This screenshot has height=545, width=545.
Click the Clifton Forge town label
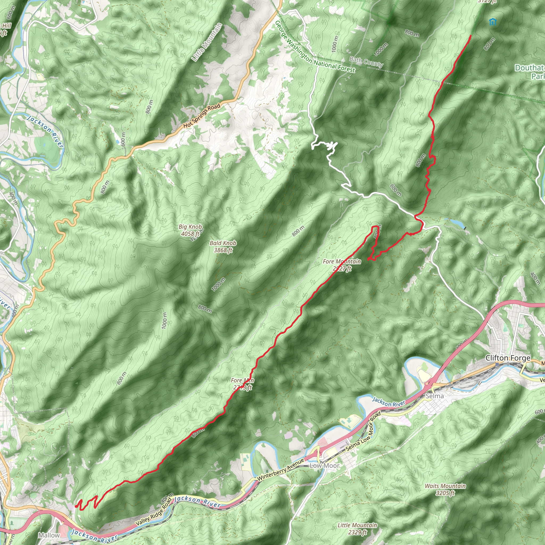pyautogui.click(x=508, y=358)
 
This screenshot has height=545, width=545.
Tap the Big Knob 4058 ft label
pyautogui.click(x=191, y=230)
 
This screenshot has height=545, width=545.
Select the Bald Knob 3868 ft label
pyautogui.click(x=223, y=246)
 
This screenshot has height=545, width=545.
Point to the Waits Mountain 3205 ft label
pyautogui.click(x=445, y=489)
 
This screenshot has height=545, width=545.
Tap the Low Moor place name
pyautogui.click(x=324, y=466)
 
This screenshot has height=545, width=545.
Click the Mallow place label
pyautogui.click(x=49, y=535)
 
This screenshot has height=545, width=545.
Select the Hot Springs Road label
pyautogui.click(x=202, y=116)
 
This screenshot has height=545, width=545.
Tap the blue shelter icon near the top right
pyautogui.click(x=493, y=22)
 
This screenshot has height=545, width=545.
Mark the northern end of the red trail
pyautogui.click(x=471, y=36)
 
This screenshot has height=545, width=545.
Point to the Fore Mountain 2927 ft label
pyautogui.click(x=342, y=265)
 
